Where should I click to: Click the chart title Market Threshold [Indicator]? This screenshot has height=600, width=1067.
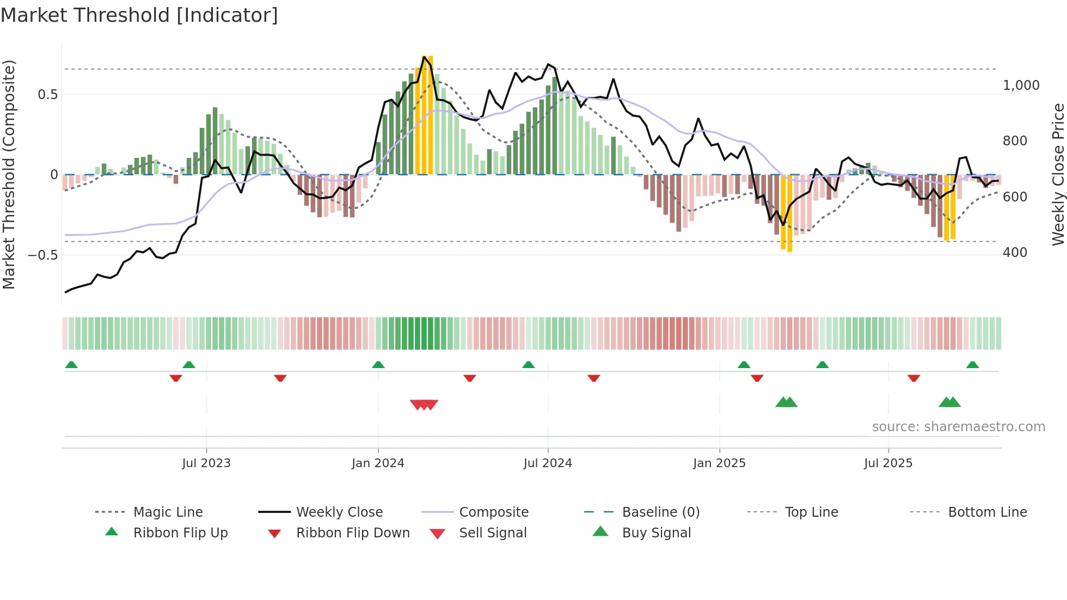[139, 15]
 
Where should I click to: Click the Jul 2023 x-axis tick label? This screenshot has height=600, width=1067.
[206, 463]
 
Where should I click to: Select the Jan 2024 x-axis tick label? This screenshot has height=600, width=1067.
[378, 463]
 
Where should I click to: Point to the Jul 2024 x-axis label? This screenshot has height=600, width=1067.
[548, 463]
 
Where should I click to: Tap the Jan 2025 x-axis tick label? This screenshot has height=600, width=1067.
[719, 463]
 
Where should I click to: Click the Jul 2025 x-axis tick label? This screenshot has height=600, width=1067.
[888, 463]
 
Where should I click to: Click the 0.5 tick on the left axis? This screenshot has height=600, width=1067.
[47, 95]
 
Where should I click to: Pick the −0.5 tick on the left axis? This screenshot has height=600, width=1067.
[42, 255]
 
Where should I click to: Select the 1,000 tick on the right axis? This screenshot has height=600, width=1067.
[1021, 85]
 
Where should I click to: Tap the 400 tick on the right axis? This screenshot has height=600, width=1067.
[1015, 253]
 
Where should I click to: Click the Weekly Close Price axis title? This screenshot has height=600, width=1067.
[1058, 174]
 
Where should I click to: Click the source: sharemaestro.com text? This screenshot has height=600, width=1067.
[958, 427]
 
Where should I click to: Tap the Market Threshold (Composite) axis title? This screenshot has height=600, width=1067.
[9, 174]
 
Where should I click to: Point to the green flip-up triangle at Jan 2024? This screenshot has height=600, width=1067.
[378, 365]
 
